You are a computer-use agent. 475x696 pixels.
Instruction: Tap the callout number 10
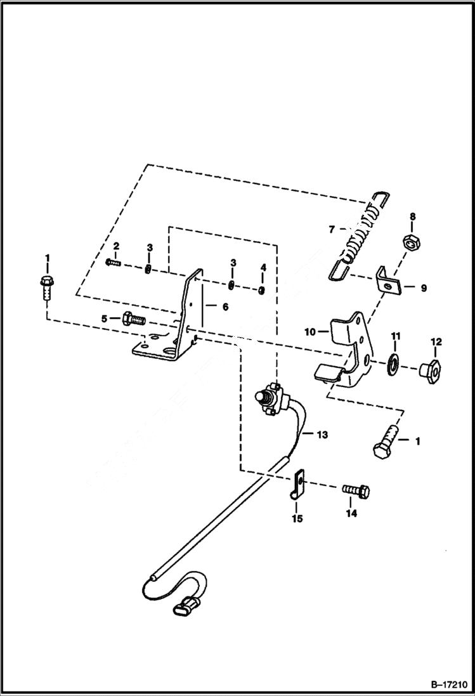pos(311,331)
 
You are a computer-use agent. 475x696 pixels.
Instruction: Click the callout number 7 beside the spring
pos(331,228)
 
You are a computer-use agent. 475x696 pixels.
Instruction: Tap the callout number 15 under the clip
pos(297,518)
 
